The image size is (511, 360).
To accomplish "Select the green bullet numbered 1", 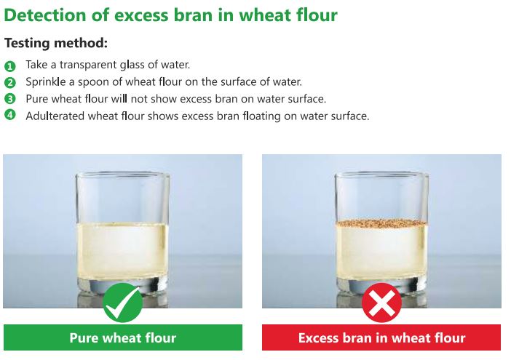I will tap(10, 65).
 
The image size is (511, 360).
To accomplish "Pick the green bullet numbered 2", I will tap(10, 82).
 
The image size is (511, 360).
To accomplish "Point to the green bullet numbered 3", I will tap(10, 99).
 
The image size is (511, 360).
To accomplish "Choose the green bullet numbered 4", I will tap(10, 116).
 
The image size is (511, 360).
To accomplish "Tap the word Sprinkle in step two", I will tap(46, 81).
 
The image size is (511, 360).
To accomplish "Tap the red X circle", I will tap(381, 303).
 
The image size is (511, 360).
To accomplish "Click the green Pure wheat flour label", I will tap(122, 337).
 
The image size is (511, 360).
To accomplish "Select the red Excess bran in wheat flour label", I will tap(381, 337).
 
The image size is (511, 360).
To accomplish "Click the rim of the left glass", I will tap(122, 175).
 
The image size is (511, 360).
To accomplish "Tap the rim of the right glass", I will tap(381, 175).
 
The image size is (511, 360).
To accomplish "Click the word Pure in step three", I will tap(37, 99).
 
